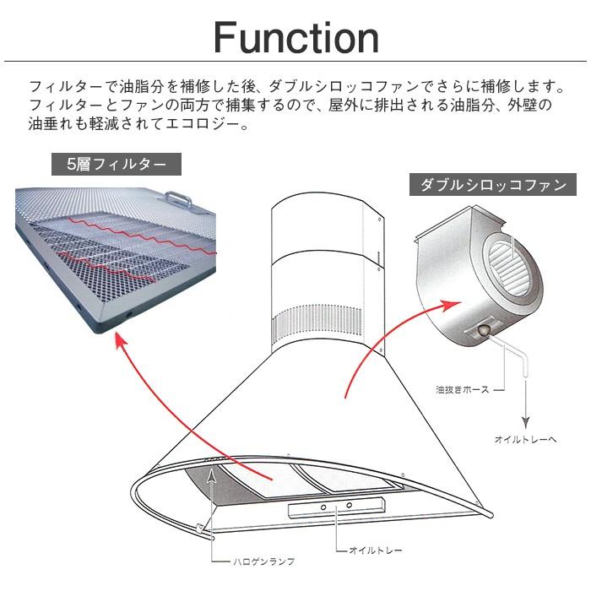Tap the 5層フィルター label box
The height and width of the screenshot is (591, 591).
(116, 164)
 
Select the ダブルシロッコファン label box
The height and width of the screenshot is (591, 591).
(489, 186)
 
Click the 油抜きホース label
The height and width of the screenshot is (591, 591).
(459, 390)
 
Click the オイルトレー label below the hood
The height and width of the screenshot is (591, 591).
(374, 550)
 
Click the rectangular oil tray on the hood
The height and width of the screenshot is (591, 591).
(334, 508)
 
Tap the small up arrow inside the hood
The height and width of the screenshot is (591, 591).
(212, 477)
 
